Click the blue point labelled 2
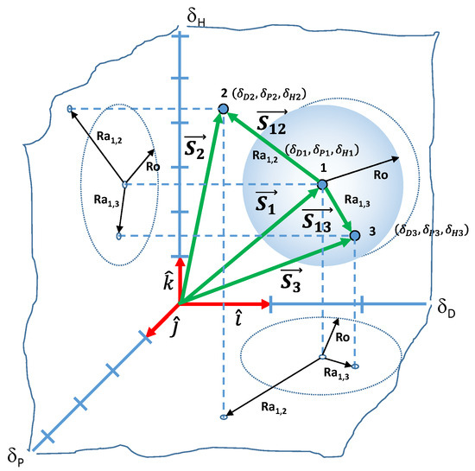(x=224, y=109)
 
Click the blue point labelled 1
(x=322, y=185)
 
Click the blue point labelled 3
(x=355, y=234)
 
